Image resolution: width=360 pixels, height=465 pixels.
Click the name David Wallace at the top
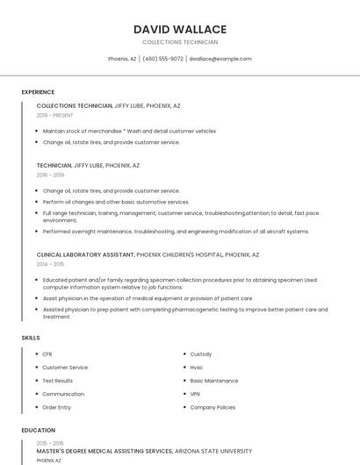[x=180, y=29]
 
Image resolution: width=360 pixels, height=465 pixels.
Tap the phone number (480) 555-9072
[x=162, y=59]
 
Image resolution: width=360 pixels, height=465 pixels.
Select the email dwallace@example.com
[x=220, y=59]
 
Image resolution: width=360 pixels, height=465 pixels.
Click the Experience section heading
[x=38, y=92]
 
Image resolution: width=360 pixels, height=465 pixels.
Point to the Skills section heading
[x=31, y=338]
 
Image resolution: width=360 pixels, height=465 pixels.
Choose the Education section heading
[x=38, y=431]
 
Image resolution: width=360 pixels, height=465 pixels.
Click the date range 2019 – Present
[x=55, y=115]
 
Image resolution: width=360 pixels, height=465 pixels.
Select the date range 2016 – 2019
[x=50, y=175]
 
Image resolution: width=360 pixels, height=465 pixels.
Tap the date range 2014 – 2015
[x=50, y=264]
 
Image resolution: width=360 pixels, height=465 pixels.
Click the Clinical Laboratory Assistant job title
[x=85, y=254]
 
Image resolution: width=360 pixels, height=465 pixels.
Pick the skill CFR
[x=47, y=354]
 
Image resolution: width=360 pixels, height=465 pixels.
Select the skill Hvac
[x=197, y=368]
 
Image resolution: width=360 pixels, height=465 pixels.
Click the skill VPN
[x=195, y=394]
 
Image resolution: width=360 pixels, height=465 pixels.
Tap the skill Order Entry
[x=57, y=407]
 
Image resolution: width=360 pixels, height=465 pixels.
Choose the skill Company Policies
[x=212, y=407]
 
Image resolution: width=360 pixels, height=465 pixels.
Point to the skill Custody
[x=201, y=354]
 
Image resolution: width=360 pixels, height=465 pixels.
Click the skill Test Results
[x=58, y=381]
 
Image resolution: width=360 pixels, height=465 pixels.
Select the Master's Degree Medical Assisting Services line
[x=104, y=451]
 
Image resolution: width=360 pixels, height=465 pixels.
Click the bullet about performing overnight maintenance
[x=176, y=232]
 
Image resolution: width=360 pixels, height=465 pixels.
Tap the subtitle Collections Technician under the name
[x=180, y=42]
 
